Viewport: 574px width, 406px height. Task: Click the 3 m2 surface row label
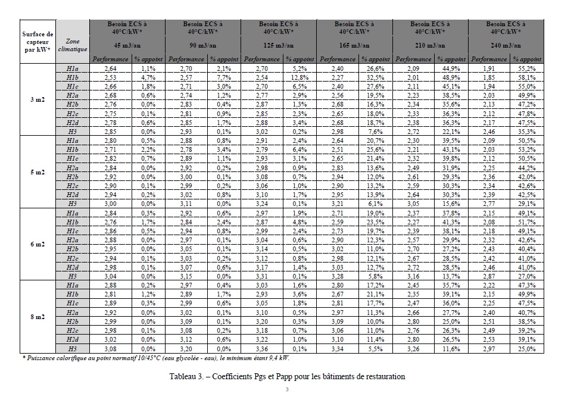coord(38,99)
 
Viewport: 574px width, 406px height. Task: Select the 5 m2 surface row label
coord(38,172)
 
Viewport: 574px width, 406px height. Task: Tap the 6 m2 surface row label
coord(38,245)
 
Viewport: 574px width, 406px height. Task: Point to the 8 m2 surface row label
coord(38,317)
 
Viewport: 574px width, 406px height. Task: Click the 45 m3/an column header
coord(127,45)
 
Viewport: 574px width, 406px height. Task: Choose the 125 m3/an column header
coord(278,45)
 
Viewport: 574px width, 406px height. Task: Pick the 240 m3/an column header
coord(506,45)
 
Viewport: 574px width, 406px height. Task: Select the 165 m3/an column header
coord(354,45)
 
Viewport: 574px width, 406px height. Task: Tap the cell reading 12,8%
coord(300,77)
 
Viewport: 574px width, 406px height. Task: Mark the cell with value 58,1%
coord(526,77)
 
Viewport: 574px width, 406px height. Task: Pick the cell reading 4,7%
coord(148,77)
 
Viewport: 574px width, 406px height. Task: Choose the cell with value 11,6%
coord(451,348)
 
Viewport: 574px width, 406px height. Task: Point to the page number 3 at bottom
coord(286,390)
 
